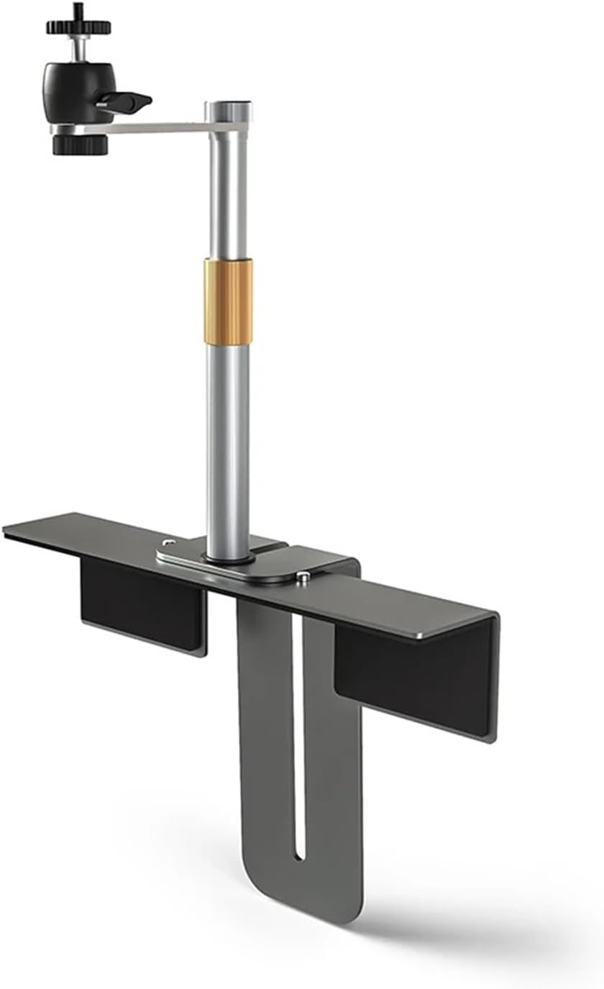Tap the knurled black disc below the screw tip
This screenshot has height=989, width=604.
[78, 27]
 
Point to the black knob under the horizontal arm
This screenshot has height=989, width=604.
[80, 145]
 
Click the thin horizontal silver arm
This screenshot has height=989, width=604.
[158, 127]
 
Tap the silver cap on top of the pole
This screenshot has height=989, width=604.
[229, 111]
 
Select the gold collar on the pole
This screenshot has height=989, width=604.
[228, 301]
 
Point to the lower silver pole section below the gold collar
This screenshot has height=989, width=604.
[228, 446]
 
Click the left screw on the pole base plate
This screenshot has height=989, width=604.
[168, 543]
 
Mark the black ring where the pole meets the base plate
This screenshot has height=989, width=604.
[228, 557]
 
